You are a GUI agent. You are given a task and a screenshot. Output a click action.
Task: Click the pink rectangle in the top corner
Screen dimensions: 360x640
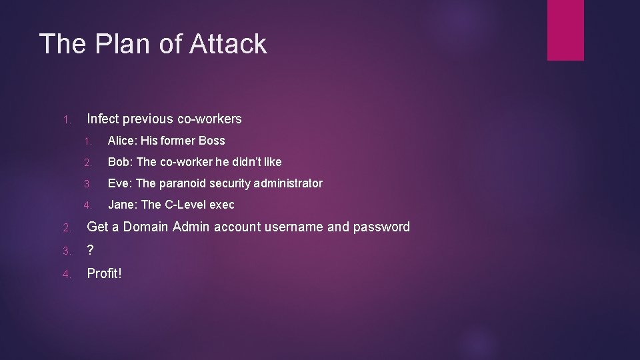565,30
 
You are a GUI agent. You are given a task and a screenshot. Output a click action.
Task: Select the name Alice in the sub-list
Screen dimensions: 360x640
121,141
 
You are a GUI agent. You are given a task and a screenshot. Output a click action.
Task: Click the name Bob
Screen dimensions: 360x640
119,162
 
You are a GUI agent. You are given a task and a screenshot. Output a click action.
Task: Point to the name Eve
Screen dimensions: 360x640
119,183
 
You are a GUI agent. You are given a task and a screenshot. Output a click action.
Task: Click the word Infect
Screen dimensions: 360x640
103,119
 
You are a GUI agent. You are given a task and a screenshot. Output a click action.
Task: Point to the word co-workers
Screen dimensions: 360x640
209,119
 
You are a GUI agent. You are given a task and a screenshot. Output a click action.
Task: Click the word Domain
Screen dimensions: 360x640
145,227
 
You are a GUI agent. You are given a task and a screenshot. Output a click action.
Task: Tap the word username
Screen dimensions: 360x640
294,227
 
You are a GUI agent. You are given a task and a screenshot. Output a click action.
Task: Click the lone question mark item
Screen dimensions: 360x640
91,250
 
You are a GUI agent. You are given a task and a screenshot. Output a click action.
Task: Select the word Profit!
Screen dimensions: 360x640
105,273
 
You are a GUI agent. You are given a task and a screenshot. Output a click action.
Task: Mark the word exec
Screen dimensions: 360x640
222,205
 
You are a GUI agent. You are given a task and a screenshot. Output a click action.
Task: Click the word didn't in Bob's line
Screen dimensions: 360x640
245,162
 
